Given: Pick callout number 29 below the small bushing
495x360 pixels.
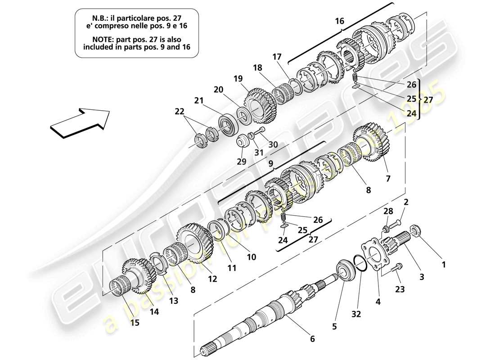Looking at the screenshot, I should pyautogui.click(x=242, y=161).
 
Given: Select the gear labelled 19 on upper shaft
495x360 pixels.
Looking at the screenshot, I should pyautogui.click(x=257, y=108).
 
